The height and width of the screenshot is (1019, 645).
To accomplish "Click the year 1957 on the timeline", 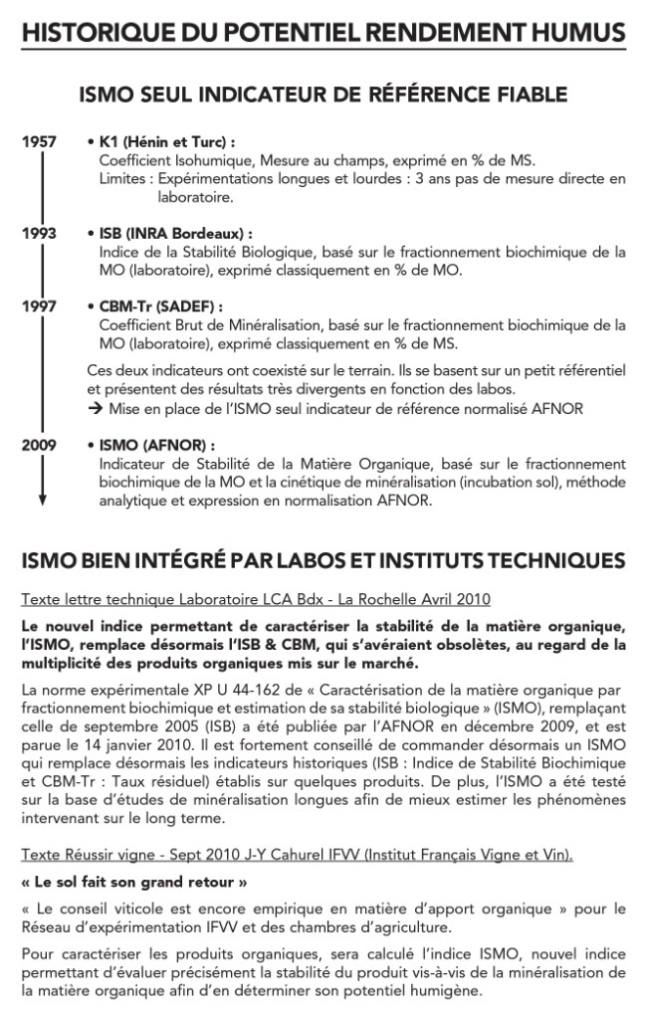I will pyautogui.click(x=39, y=143).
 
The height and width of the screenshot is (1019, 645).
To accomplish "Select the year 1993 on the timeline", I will pyautogui.click(x=39, y=234).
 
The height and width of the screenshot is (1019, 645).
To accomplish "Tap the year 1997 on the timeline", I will pyautogui.click(x=39, y=306).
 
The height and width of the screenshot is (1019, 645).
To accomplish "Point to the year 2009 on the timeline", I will pyautogui.click(x=39, y=445).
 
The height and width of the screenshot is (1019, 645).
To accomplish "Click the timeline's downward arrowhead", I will pyautogui.click(x=41, y=500).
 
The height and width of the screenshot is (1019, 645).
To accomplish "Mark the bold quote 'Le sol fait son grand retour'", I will pyautogui.click(x=134, y=882).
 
